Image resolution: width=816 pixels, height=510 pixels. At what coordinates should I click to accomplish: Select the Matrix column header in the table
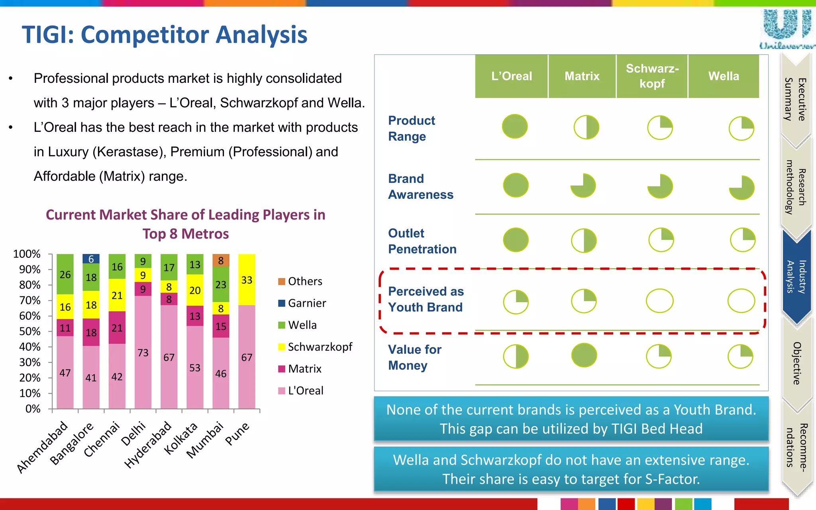pos(582,76)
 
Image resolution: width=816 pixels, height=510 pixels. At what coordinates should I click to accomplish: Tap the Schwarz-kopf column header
pos(652,76)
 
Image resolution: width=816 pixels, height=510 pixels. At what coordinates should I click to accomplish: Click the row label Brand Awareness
pos(420,186)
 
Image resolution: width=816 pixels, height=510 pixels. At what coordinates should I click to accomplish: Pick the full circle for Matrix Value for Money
pos(584,355)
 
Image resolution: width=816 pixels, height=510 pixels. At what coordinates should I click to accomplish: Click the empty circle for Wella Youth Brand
pos(741,301)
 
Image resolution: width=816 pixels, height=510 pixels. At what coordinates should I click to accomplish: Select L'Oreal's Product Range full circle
pos(515,127)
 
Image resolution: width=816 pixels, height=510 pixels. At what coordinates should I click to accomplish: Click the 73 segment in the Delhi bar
pos(143,352)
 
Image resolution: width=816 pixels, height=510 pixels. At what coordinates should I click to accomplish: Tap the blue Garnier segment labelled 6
pos(91,259)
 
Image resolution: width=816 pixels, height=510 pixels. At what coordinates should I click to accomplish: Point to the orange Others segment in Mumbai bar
pos(221,261)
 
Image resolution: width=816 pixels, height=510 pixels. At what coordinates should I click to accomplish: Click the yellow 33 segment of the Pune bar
pos(247,280)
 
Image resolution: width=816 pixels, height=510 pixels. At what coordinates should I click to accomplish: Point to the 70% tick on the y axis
pos(30,300)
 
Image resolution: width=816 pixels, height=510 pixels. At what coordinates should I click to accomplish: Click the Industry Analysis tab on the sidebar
pos(796,277)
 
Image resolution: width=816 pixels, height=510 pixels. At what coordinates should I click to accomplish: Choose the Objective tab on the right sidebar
pos(796,363)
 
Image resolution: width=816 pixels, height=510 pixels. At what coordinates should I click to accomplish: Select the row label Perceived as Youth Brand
pos(426,299)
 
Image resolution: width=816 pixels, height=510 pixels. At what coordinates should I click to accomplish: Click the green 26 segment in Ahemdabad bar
pos(65,274)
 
